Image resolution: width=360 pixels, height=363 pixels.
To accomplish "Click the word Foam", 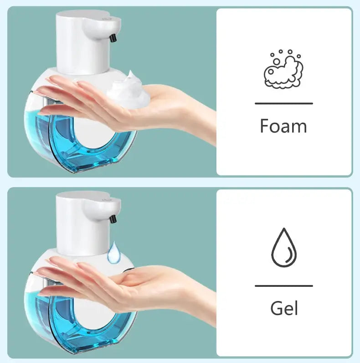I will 283,126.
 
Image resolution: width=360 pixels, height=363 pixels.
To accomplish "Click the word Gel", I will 284,308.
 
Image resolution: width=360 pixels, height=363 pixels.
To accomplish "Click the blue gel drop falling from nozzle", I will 114,253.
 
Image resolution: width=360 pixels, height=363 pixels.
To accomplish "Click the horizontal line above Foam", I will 283,104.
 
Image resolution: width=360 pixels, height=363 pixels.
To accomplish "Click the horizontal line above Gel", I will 283,286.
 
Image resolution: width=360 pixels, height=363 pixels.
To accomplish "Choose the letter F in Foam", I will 265,126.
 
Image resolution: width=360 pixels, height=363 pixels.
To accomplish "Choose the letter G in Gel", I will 277,308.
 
